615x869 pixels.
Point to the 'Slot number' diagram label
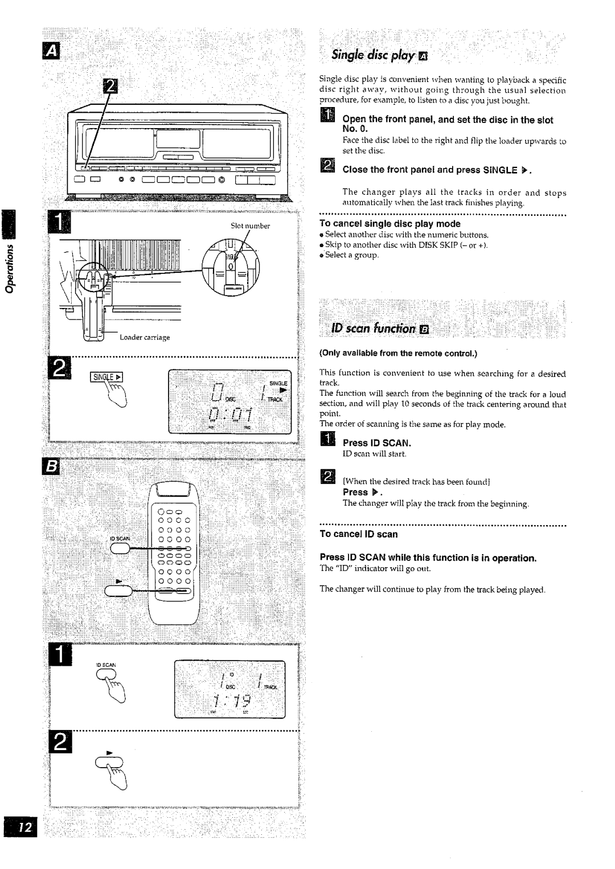250,226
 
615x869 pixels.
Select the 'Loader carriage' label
145,337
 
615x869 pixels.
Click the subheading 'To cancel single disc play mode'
389,224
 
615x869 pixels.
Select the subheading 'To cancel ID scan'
358,534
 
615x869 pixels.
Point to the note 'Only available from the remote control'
397,354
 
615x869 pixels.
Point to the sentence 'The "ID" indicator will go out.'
375,568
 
